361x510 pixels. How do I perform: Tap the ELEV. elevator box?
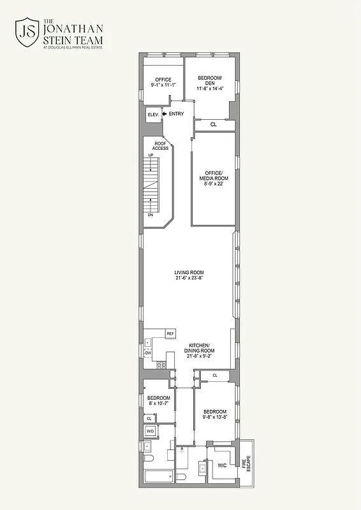click(153, 115)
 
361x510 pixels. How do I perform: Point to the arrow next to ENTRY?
click(165, 113)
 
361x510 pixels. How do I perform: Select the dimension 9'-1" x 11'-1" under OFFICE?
click(163, 85)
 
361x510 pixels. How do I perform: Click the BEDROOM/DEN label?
click(210, 80)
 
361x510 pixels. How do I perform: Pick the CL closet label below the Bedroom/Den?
click(214, 124)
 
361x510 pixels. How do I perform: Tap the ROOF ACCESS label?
click(161, 146)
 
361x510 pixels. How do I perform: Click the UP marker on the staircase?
click(151, 156)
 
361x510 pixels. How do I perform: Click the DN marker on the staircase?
click(151, 215)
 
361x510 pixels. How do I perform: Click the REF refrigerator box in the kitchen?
click(170, 334)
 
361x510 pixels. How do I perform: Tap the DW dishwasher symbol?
click(148, 353)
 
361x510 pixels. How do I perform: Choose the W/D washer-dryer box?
click(151, 432)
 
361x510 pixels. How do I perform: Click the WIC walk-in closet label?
click(222, 466)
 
